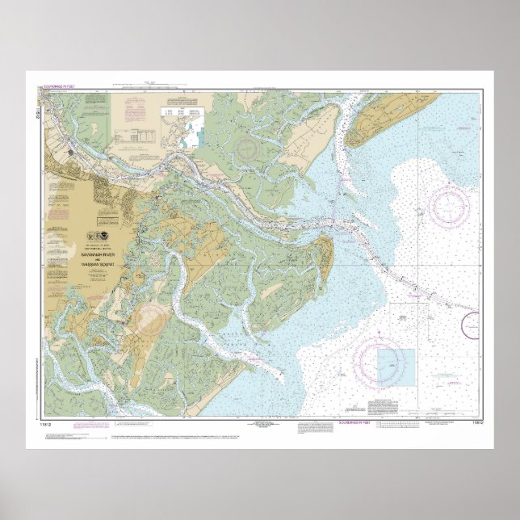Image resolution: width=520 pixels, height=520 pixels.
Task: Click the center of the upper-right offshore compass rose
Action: [x=448, y=205]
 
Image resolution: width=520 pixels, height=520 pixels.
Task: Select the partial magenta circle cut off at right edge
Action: [x=471, y=325]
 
